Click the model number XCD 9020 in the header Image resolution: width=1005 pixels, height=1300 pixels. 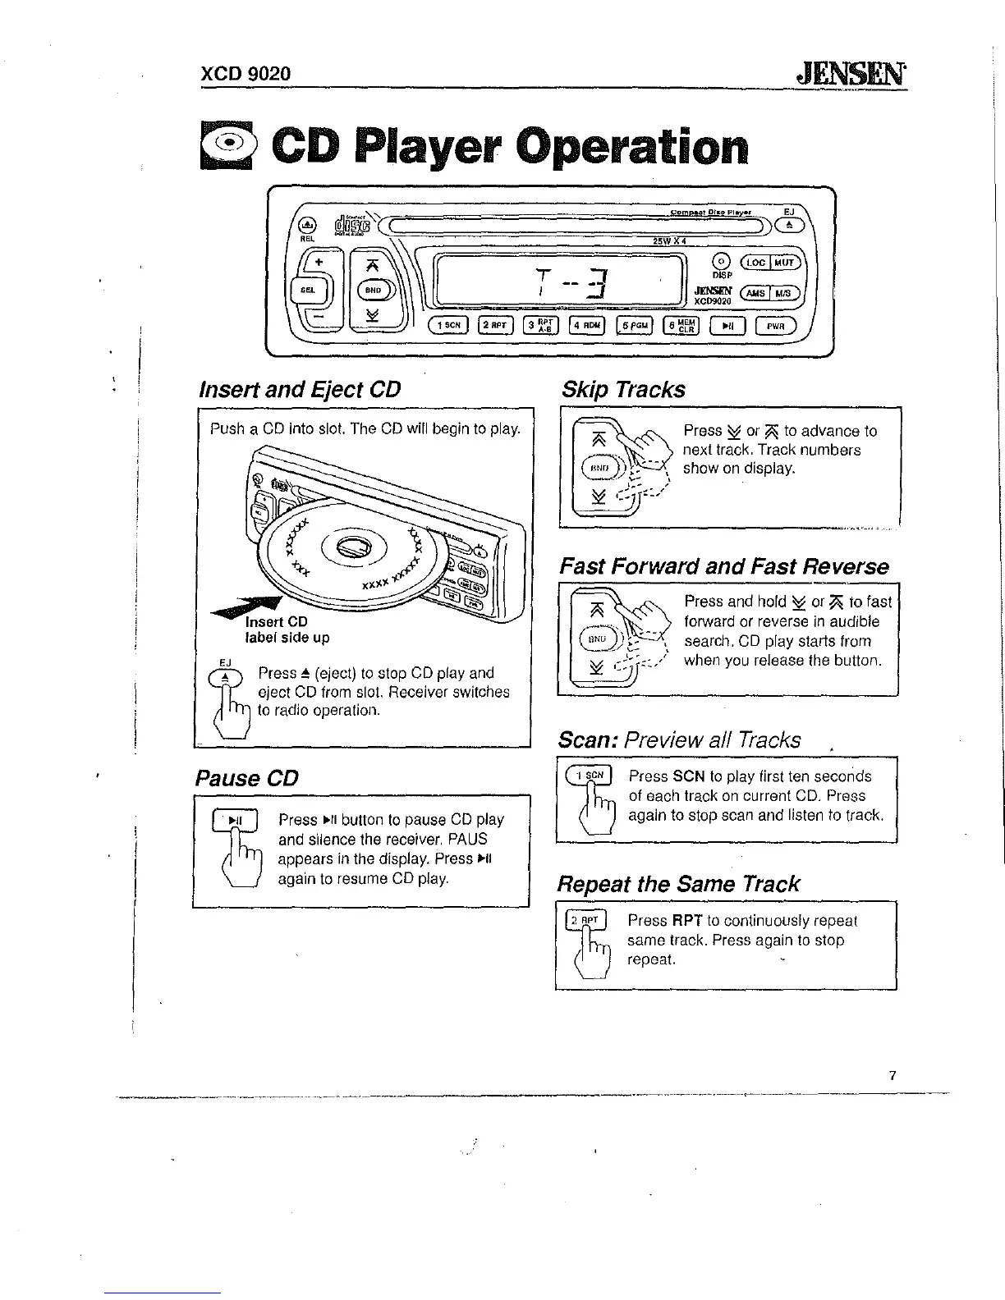[x=246, y=74]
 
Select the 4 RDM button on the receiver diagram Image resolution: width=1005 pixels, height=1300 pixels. [x=587, y=326]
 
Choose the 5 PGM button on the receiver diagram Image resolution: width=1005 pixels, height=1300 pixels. [x=635, y=326]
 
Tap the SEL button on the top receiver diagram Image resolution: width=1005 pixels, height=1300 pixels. [x=308, y=290]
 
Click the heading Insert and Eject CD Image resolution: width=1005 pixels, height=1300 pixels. [x=300, y=388]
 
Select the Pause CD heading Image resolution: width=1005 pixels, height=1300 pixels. [x=246, y=777]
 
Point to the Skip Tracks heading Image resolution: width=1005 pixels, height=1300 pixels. [x=622, y=389]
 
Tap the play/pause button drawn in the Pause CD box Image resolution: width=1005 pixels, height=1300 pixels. [x=235, y=820]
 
